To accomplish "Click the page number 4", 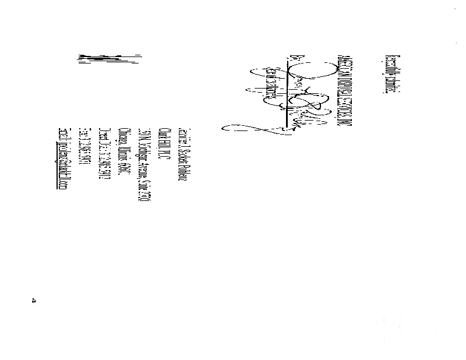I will pos(33,301).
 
